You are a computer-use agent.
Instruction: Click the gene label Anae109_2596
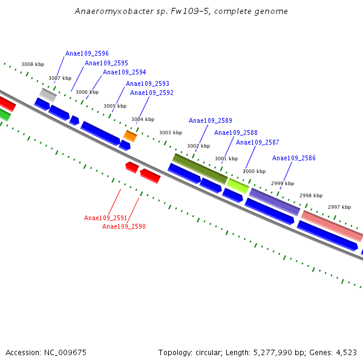(87, 54)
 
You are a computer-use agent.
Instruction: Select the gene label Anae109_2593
(148, 84)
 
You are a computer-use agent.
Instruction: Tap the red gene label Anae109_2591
(106, 218)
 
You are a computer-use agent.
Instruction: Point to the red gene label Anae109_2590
(124, 227)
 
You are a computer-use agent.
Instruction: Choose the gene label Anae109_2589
(211, 121)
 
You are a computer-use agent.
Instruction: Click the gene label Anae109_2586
(294, 159)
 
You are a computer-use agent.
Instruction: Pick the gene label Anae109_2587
(258, 143)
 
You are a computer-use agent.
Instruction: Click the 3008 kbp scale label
(33, 64)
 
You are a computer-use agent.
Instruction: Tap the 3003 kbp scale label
(171, 132)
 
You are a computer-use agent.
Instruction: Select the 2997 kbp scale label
(339, 208)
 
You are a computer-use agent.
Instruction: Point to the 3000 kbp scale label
(254, 171)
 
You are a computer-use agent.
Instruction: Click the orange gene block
(130, 136)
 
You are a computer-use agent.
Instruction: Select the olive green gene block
(200, 169)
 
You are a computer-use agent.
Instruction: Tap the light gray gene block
(48, 94)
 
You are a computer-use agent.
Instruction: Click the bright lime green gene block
(238, 186)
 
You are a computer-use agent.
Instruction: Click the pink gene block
(332, 226)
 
